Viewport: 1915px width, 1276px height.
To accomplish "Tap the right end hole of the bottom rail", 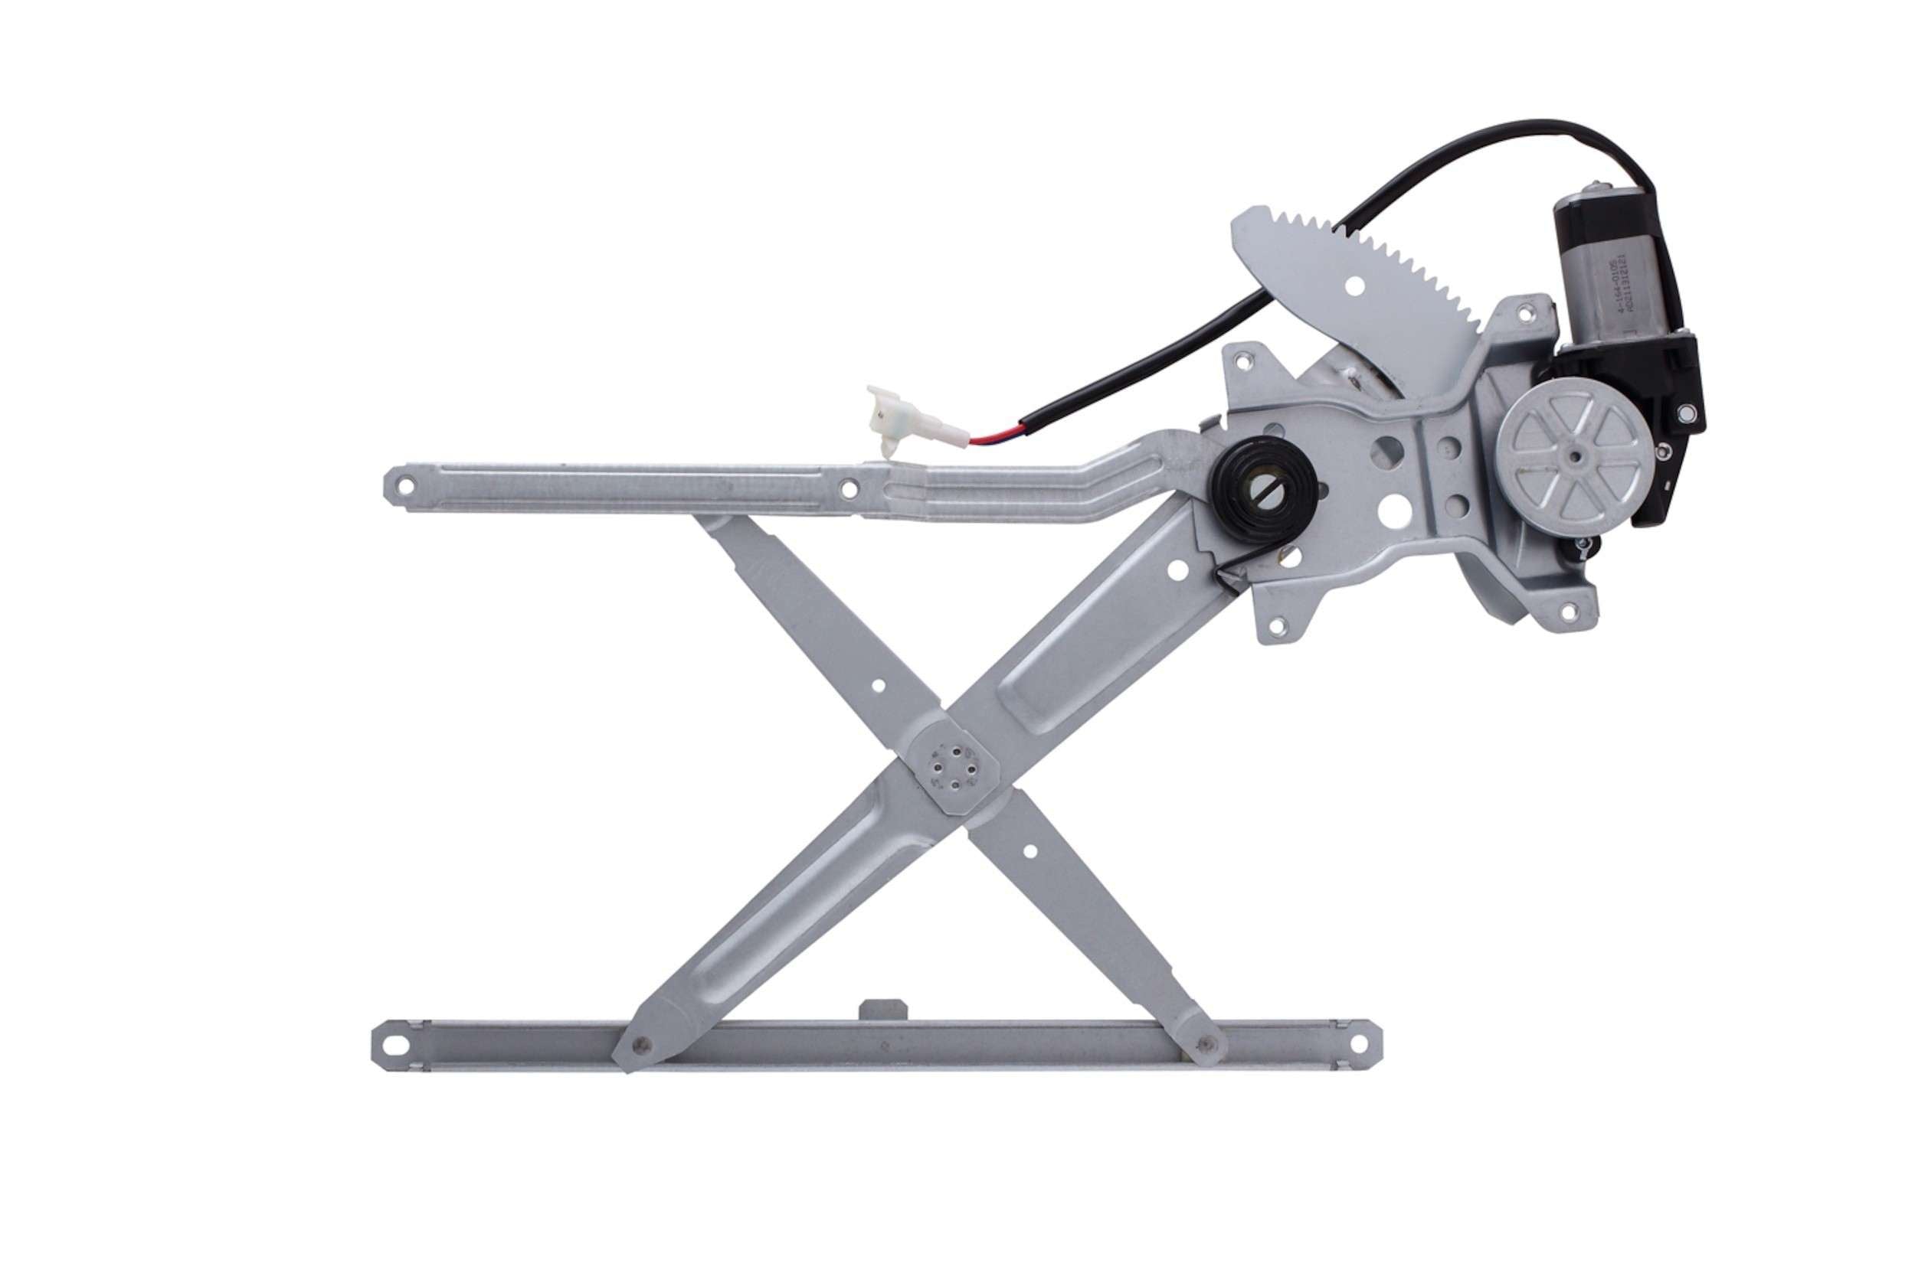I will click(x=1358, y=1042).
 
